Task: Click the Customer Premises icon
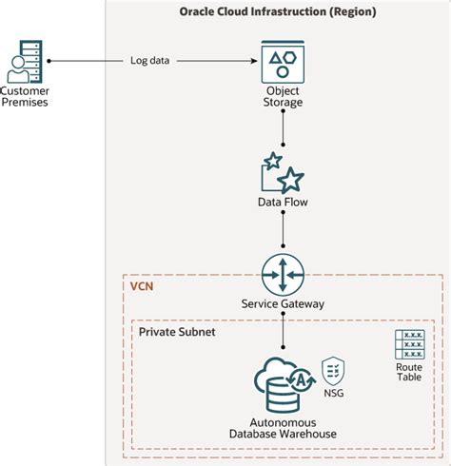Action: (x=26, y=62)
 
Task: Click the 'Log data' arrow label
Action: (x=150, y=62)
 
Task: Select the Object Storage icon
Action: (x=283, y=62)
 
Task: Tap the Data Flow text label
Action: (x=283, y=203)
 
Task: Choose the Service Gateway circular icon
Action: (x=283, y=275)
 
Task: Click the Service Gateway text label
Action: (x=283, y=304)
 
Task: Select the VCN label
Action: (x=141, y=283)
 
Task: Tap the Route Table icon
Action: (x=409, y=343)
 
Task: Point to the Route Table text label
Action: (x=409, y=373)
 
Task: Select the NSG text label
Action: (x=333, y=394)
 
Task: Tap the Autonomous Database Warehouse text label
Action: (x=283, y=428)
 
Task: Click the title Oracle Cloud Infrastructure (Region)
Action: (x=278, y=11)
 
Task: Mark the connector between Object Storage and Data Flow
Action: (x=283, y=130)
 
